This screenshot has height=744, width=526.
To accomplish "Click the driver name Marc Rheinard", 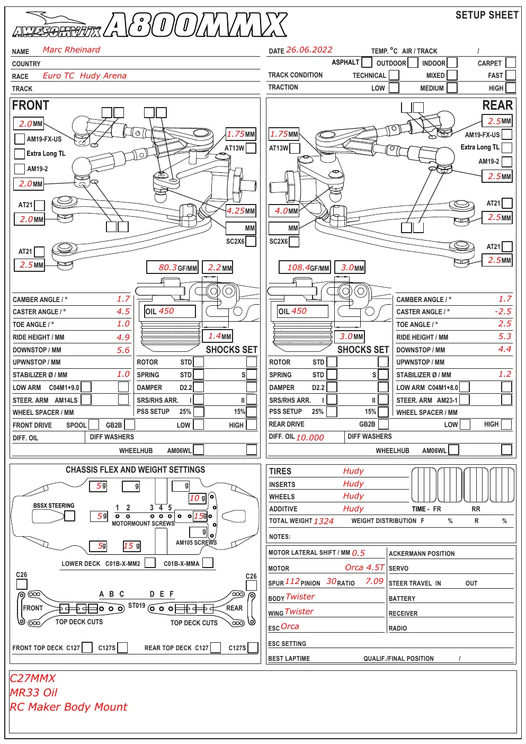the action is [72, 50].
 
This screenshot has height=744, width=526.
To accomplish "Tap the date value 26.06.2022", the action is [309, 50].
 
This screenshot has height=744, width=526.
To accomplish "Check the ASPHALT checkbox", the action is [367, 62].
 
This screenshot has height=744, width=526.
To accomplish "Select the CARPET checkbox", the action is [511, 63].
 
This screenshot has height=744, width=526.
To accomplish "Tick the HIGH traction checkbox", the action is [511, 87].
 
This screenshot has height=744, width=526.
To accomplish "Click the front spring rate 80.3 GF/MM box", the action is [172, 268].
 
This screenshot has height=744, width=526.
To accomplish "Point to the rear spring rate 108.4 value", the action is [298, 268].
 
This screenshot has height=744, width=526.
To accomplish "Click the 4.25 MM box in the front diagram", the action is [240, 210].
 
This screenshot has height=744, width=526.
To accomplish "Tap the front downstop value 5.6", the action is [123, 350].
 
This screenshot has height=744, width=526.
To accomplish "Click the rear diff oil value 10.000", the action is [310, 437].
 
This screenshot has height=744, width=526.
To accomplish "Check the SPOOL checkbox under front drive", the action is [94, 424].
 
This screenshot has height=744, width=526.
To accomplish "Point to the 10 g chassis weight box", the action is [197, 498].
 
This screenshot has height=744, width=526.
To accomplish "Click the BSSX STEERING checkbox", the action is [69, 516].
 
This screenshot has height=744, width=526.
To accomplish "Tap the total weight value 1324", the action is [324, 521].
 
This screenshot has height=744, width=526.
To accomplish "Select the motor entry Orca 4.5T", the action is [364, 568].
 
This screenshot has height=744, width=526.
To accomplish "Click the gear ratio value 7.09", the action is [375, 581].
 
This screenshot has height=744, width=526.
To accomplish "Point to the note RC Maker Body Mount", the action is [68, 707].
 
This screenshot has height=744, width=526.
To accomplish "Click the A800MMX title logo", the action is [195, 24].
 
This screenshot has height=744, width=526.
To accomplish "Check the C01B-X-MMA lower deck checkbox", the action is [208, 563].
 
